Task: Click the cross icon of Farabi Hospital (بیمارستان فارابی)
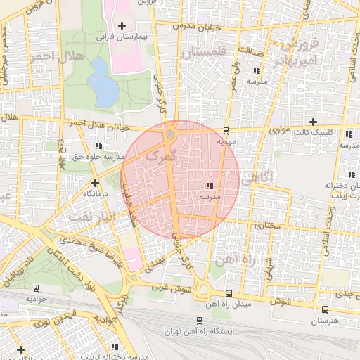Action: [x=122, y=25]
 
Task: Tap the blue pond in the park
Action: [x=103, y=82]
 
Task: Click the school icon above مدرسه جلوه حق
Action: [x=98, y=146]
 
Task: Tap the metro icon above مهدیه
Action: [x=226, y=130]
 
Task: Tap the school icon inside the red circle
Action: [x=210, y=186]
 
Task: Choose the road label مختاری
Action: [x=267, y=226]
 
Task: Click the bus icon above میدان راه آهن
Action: [x=229, y=293]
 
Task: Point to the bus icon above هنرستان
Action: [x=325, y=309]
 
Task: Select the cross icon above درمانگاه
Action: [x=95, y=183]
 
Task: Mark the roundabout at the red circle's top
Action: [x=170, y=134]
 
